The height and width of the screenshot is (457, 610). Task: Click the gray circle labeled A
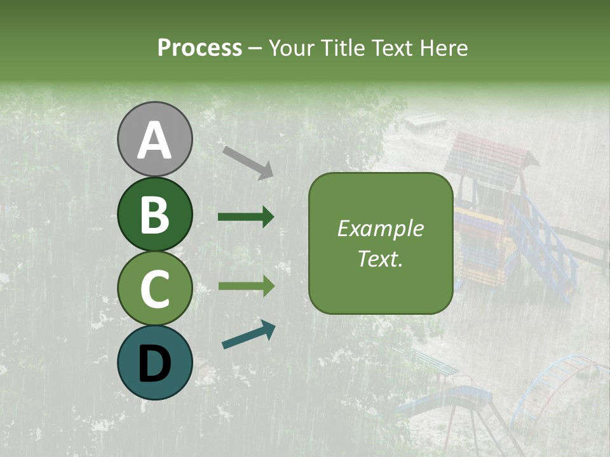coord(154,139)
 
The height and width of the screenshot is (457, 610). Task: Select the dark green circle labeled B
coord(154,214)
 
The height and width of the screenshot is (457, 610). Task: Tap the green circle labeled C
coord(154,288)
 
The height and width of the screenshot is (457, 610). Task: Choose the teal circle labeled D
coord(154,362)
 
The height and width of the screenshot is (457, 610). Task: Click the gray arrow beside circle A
coord(248,162)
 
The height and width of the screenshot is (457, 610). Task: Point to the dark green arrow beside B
coord(246,217)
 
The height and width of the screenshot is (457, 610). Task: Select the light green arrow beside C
coord(246,286)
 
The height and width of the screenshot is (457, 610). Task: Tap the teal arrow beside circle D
coord(248,334)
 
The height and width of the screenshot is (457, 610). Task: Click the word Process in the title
coord(200,48)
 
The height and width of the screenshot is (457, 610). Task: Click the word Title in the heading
coord(343,48)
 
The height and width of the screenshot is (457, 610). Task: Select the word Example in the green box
coord(380,228)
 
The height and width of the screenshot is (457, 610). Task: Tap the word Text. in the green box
coord(380,258)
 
